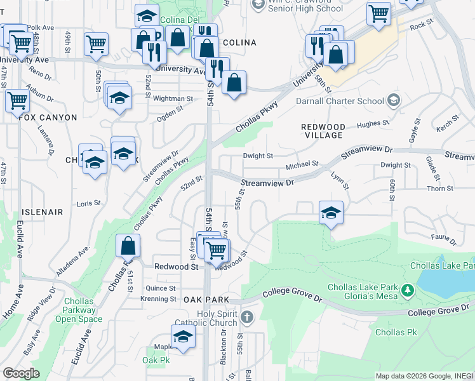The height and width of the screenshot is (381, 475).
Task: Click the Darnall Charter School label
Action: [339, 101]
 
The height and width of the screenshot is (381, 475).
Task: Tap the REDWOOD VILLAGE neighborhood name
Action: [322, 131]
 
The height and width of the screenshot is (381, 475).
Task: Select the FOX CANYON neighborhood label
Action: [48, 117]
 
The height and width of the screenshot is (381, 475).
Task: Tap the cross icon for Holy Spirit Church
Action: [248, 316]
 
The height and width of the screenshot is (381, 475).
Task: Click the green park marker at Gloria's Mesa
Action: [407, 291]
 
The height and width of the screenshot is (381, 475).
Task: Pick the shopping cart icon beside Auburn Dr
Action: [17, 100]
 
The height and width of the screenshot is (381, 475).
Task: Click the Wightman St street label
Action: [173, 98]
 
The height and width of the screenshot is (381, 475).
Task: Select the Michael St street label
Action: [301, 165]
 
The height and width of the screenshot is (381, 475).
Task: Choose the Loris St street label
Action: [88, 203]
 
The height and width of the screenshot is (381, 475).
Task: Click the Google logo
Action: [20, 373]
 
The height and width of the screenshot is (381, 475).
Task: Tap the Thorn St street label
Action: [440, 189]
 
